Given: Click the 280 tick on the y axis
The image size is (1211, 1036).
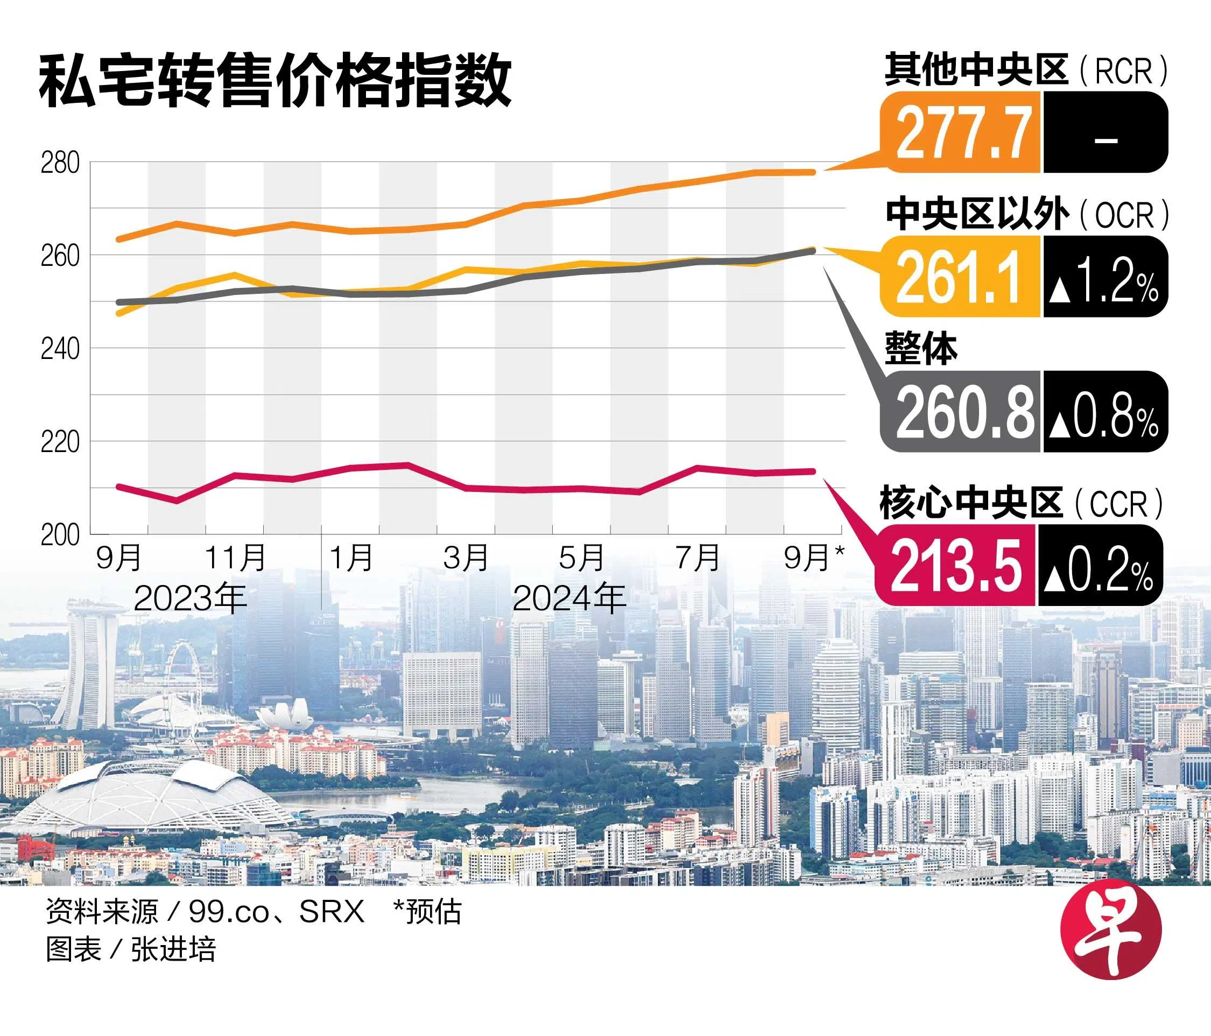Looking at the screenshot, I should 60,163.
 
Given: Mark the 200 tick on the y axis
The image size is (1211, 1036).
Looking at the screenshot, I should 60,534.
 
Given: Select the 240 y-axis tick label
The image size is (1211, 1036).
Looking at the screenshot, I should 60,349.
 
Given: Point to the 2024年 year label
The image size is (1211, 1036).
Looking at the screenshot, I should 569,598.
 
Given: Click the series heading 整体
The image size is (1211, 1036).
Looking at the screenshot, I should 921,349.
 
